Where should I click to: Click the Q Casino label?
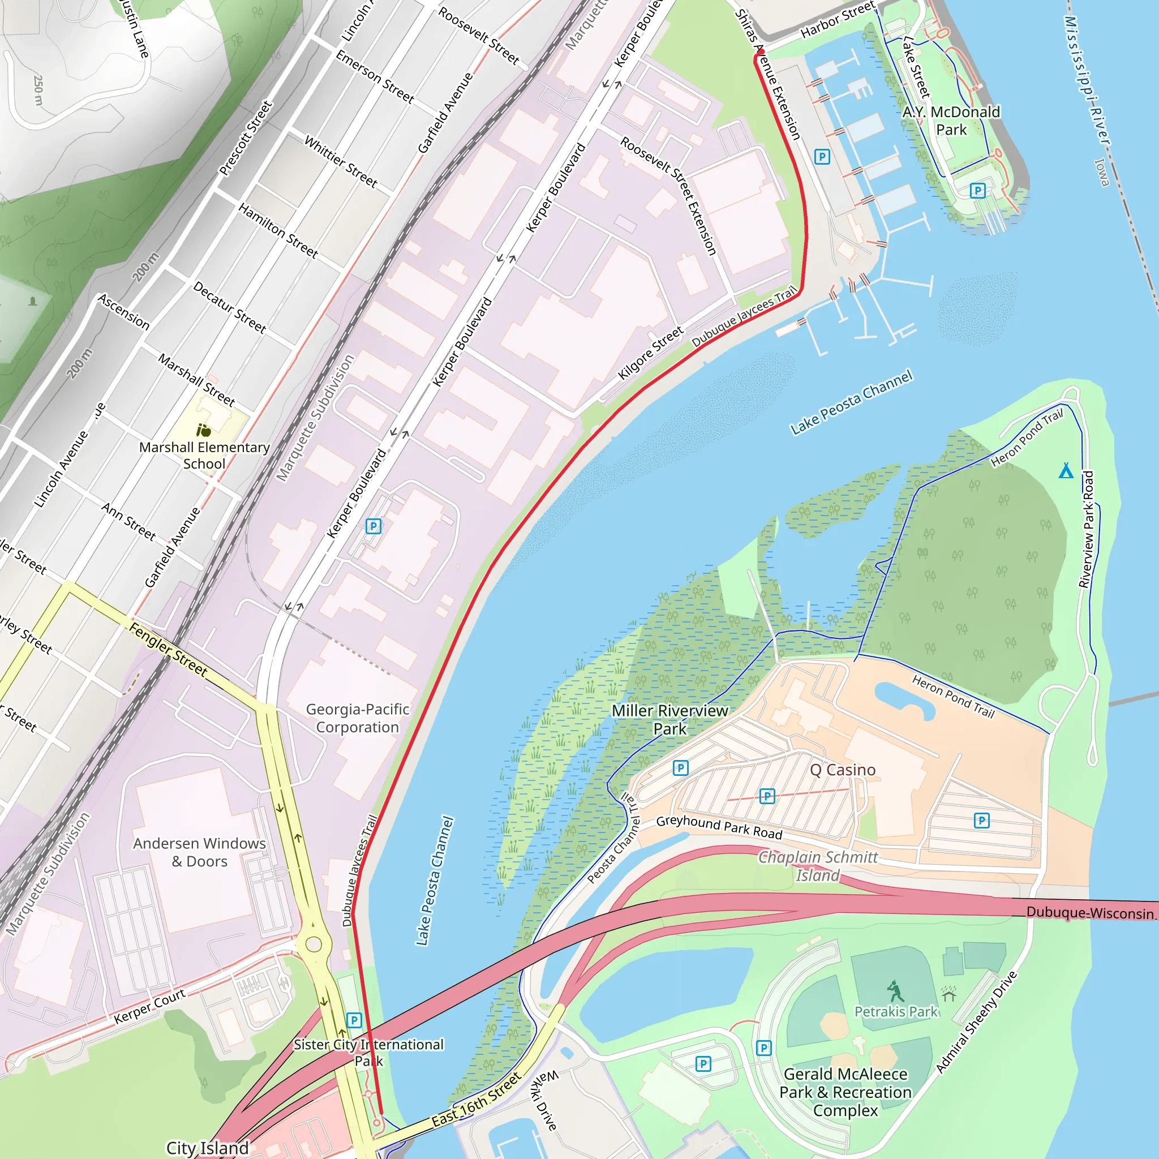pyautogui.click(x=842, y=770)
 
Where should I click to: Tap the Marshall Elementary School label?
pyautogui.click(x=204, y=456)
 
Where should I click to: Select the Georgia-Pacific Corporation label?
pyautogui.click(x=358, y=718)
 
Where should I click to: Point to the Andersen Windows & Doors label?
pyautogui.click(x=199, y=852)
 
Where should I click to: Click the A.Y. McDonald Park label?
pyautogui.click(x=951, y=121)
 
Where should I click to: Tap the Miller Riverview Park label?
pyautogui.click(x=669, y=719)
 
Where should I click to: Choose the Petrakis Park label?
pyautogui.click(x=896, y=1011)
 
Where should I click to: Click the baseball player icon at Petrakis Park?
pyautogui.click(x=895, y=991)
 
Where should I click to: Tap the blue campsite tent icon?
pyautogui.click(x=1066, y=470)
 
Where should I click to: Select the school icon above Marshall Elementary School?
pyautogui.click(x=204, y=430)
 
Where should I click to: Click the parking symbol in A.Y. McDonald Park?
pyautogui.click(x=978, y=191)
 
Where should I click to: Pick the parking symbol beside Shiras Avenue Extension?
pyautogui.click(x=822, y=157)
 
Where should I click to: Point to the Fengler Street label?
pyautogui.click(x=169, y=650)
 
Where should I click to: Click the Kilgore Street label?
pyautogui.click(x=650, y=353)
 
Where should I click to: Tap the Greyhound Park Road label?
pyautogui.click(x=719, y=827)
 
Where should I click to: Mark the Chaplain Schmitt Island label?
pyautogui.click(x=818, y=866)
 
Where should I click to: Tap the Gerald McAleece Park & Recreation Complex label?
pyautogui.click(x=845, y=1092)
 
